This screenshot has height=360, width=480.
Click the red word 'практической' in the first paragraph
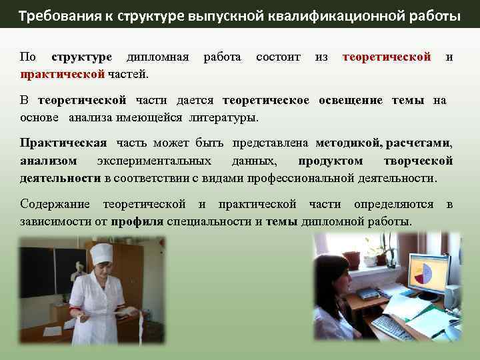point(62,73)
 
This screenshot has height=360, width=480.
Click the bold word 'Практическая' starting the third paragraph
point(63,143)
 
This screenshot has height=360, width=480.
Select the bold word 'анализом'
point(48,161)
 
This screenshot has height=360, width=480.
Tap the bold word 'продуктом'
point(331,161)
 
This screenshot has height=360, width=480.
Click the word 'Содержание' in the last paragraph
point(57,204)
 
